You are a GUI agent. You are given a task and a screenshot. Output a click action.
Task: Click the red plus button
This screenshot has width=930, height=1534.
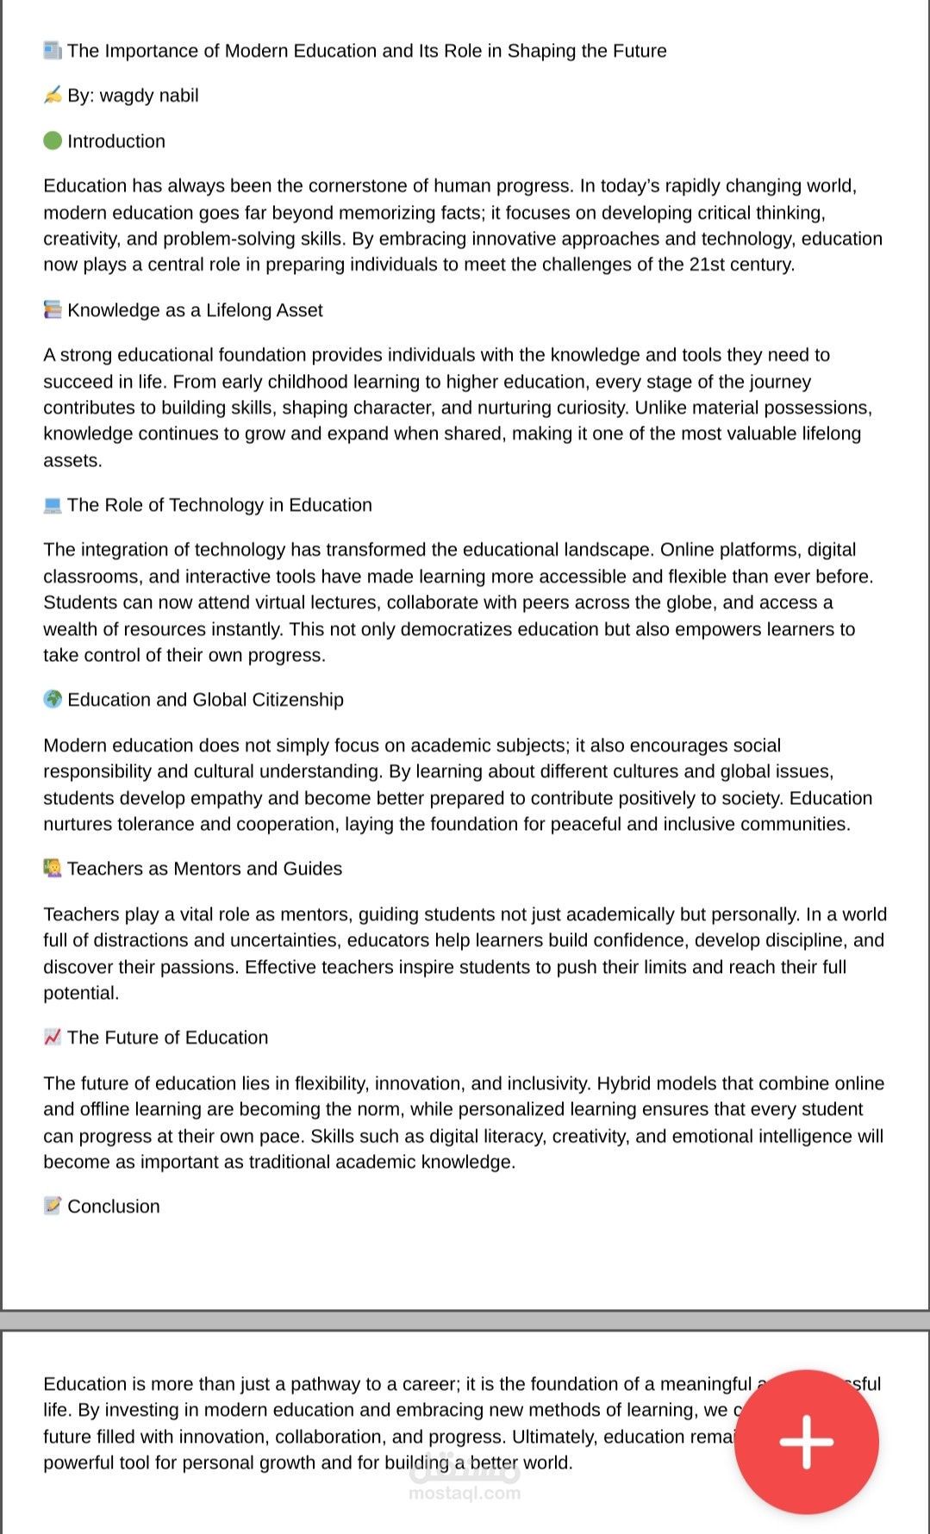(x=806, y=1441)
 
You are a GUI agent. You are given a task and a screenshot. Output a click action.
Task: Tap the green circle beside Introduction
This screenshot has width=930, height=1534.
(x=53, y=140)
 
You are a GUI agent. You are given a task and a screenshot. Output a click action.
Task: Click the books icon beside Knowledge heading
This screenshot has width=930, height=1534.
(x=53, y=309)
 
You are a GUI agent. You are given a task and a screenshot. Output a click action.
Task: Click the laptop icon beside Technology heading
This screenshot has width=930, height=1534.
(x=53, y=505)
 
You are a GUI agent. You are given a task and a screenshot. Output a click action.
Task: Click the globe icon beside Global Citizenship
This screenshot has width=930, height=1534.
(x=53, y=699)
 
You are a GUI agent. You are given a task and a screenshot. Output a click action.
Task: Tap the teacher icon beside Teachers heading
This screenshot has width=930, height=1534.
(x=53, y=868)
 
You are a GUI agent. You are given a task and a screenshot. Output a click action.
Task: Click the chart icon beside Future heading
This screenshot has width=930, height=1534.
(x=53, y=1037)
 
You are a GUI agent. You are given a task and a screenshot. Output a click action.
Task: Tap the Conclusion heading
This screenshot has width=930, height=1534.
(x=114, y=1207)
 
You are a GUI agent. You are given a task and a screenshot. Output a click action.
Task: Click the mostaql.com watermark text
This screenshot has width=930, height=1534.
(x=465, y=1493)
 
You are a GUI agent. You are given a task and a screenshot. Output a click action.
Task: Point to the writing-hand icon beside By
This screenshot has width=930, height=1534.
(x=53, y=95)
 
